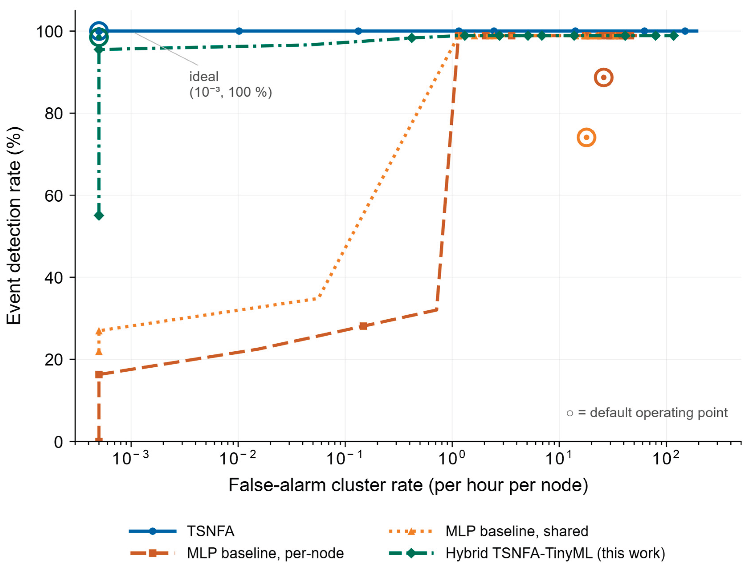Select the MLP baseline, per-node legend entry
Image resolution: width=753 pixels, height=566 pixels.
pos(237,553)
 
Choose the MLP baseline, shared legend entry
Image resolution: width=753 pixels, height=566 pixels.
pos(488,531)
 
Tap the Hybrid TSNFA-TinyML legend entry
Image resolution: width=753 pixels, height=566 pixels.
pos(527,553)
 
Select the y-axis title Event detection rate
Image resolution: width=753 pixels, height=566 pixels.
pos(14,226)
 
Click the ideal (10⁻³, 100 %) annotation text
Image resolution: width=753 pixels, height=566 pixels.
pos(230,84)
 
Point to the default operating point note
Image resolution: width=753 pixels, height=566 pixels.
pos(647,413)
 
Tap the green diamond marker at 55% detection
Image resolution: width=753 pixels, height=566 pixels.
pos(99,216)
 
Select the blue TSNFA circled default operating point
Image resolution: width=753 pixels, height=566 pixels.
pos(99,22)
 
